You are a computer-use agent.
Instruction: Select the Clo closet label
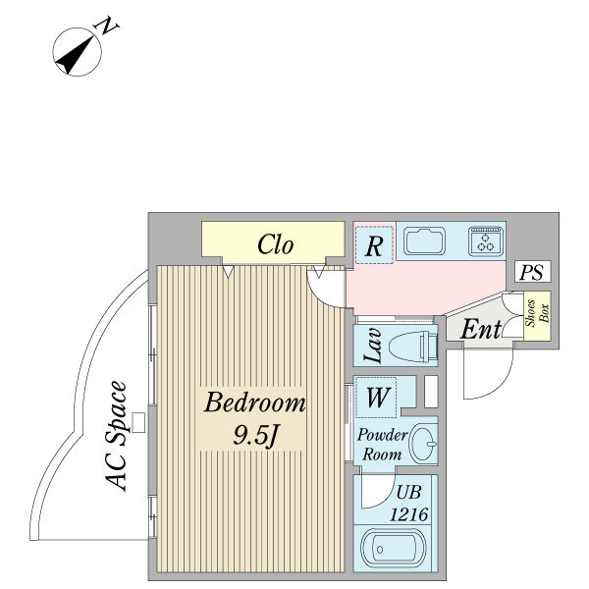click(x=276, y=244)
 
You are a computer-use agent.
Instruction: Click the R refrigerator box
click(x=373, y=245)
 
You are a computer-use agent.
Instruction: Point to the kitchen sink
click(x=424, y=241)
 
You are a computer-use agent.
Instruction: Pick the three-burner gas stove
click(x=486, y=241)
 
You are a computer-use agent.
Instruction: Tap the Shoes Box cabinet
click(x=536, y=316)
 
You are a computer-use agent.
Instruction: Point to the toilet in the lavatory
click(x=413, y=347)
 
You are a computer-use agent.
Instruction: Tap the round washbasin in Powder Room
click(x=423, y=443)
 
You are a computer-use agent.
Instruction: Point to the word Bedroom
click(x=254, y=402)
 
